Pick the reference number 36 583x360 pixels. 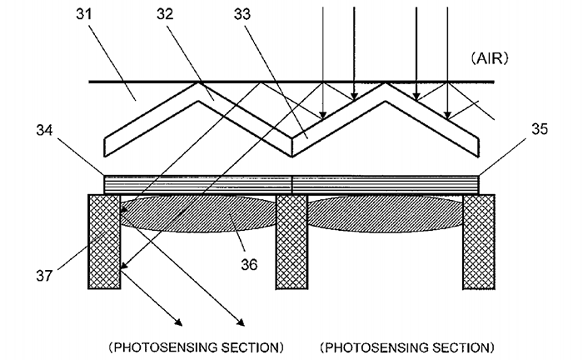coord(249,264)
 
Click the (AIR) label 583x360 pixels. coord(491,59)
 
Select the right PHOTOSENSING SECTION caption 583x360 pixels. coord(407,346)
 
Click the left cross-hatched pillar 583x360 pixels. coord(105,242)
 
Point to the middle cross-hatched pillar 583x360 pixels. coord(291,242)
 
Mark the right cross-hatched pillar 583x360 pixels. coord(480,242)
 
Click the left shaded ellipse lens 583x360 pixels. coord(198,214)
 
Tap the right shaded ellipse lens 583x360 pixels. coord(385,214)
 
